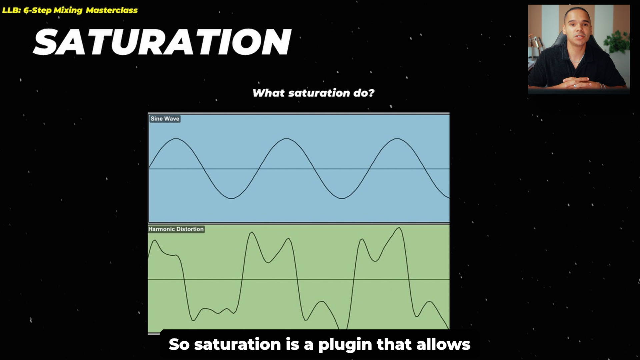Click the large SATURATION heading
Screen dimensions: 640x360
pyautogui.click(x=162, y=42)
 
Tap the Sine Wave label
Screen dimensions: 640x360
pyautogui.click(x=165, y=119)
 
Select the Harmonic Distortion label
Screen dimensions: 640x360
pyautogui.click(x=176, y=229)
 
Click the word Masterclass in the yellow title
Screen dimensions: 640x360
pyautogui.click(x=112, y=10)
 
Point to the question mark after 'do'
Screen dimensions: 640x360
pyautogui.click(x=371, y=93)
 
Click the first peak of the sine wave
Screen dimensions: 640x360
pyautogui.click(x=176, y=139)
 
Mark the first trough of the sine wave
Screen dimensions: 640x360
pyautogui.click(x=231, y=198)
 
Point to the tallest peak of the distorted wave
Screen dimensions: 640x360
pyautogui.click(x=399, y=228)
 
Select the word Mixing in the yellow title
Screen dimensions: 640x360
pyautogui.click(x=68, y=10)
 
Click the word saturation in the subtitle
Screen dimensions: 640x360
pyautogui.click(x=237, y=344)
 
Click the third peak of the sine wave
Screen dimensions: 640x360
pyautogui.click(x=397, y=139)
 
